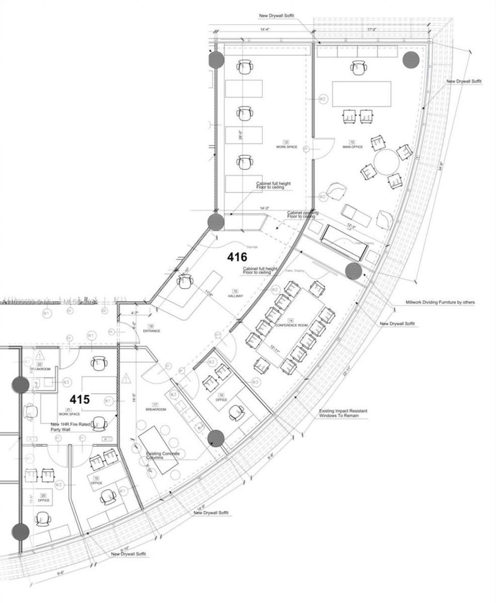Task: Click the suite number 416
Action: coord(237,257)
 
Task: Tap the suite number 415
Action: coord(80,399)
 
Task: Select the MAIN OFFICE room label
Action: coord(353,147)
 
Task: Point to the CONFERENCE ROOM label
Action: coord(291,325)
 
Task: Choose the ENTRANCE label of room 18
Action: coord(151,331)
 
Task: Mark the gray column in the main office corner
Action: coord(411,60)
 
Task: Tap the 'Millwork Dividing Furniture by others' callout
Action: coord(440,302)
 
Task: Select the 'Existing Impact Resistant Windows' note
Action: coord(343,413)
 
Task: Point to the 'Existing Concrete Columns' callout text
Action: coord(163,455)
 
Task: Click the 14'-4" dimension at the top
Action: coord(264,30)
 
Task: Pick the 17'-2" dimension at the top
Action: coord(372,30)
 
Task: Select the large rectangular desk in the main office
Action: coord(361,94)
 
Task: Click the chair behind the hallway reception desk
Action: coord(185,281)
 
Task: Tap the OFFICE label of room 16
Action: coord(221,400)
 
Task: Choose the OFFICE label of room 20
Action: coord(44,500)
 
